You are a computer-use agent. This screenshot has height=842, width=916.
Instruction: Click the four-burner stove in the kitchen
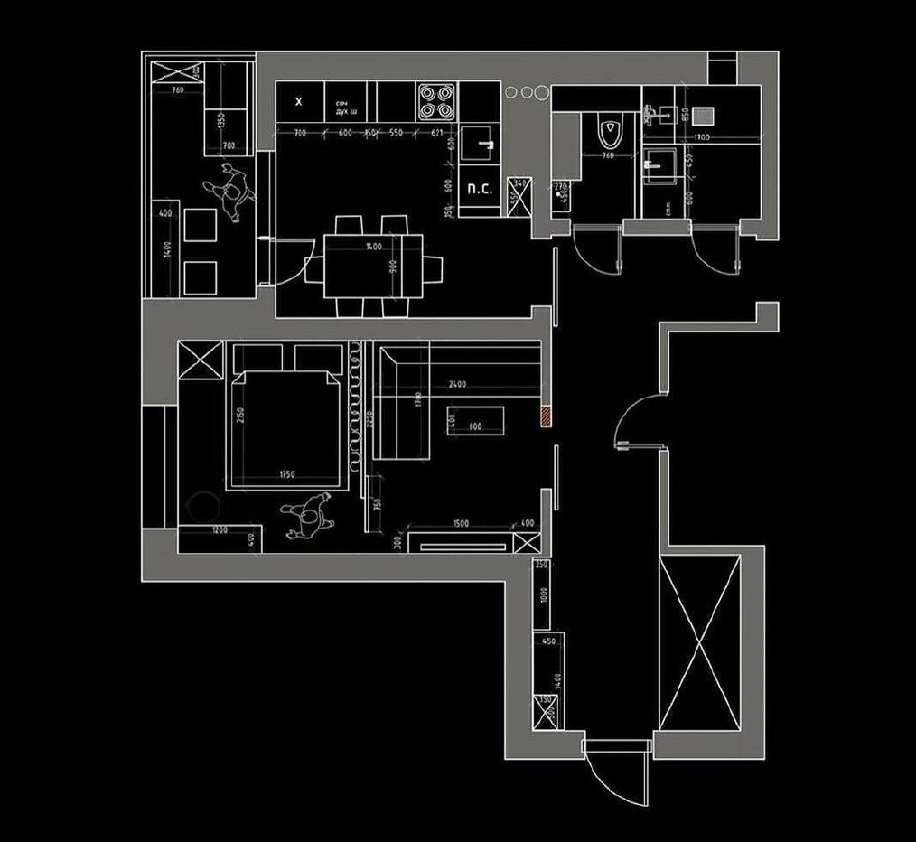click(437, 101)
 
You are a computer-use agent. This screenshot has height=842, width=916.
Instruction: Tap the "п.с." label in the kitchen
click(478, 190)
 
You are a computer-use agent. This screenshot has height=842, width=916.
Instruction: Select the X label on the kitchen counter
click(299, 102)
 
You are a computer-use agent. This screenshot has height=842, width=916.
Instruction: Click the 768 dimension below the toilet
click(607, 154)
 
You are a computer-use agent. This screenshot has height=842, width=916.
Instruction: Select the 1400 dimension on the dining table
click(373, 247)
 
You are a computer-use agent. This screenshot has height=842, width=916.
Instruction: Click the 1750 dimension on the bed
click(287, 474)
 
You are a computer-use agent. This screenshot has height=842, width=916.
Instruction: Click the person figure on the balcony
click(231, 191)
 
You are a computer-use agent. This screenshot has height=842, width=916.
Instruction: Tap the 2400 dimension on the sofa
click(457, 385)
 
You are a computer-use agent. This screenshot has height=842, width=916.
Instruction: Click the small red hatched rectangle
click(546, 416)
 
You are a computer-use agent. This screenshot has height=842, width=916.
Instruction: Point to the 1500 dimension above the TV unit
click(460, 522)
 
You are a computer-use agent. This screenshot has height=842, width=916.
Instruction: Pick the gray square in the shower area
click(703, 114)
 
